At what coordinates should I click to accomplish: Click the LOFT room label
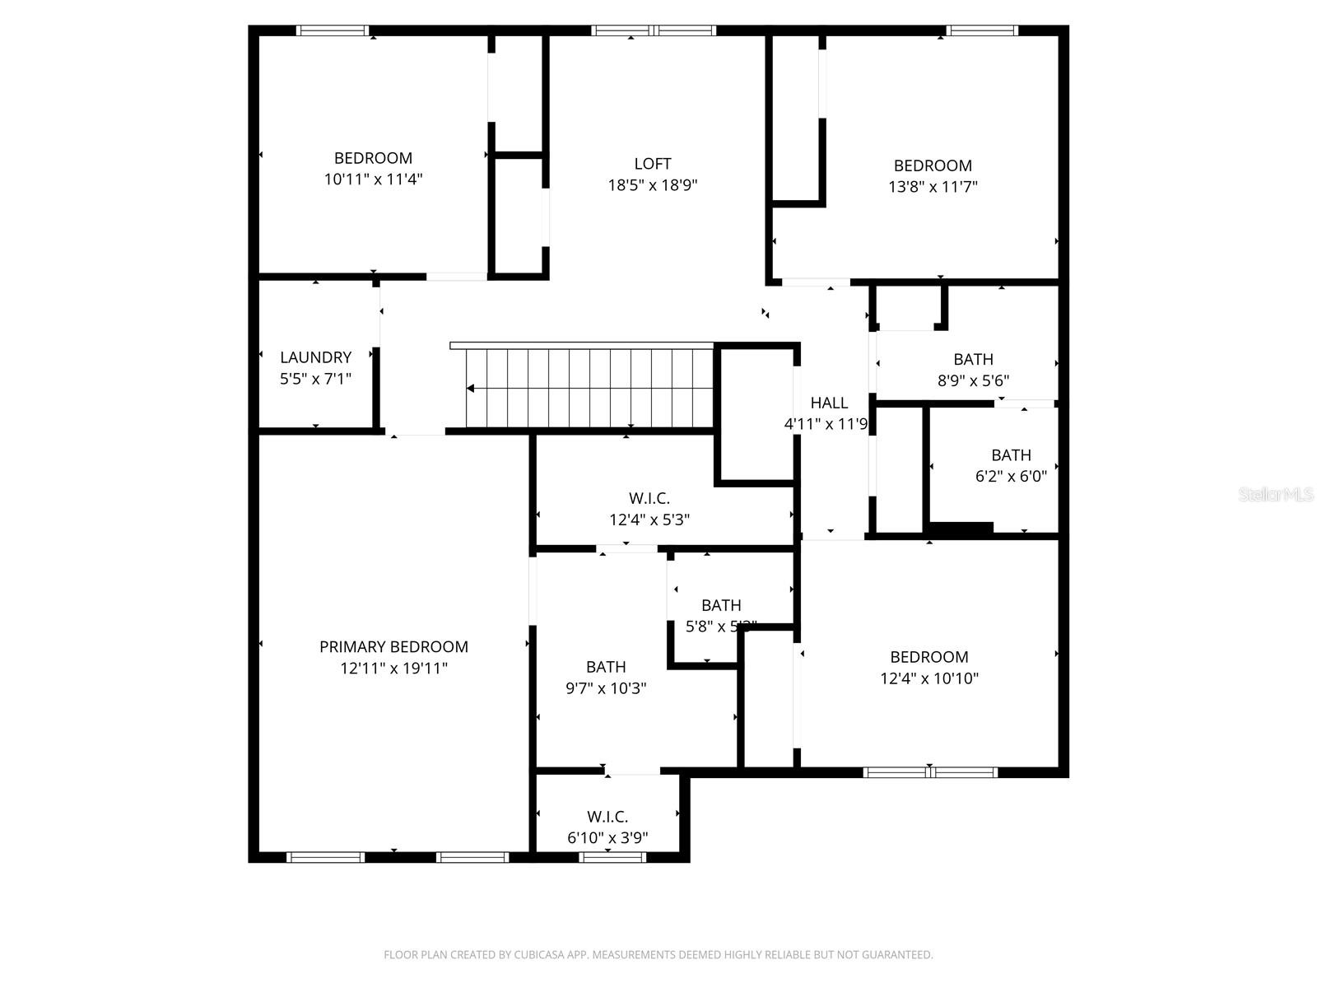pos(652,164)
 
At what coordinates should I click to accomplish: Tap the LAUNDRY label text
pos(315,357)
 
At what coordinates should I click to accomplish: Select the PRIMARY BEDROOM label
pos(393,647)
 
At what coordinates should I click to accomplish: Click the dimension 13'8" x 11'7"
pos(933,187)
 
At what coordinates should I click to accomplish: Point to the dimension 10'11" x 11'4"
pos(373,179)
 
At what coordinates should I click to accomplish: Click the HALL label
pos(829,403)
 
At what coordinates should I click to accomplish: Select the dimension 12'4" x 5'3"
pos(649,520)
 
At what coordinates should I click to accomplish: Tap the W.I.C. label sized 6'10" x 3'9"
pos(607,817)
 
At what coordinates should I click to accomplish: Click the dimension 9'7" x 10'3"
pos(606,688)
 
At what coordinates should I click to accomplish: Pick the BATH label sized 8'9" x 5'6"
pos(973,359)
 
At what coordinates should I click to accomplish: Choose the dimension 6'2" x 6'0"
pos(1011,476)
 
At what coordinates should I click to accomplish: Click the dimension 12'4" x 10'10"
pos(928,678)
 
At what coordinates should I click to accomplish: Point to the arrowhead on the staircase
pos(471,389)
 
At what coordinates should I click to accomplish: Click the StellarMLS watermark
pos(1276,495)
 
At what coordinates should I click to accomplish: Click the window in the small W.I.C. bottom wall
pos(612,857)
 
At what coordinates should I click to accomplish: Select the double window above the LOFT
pos(654,31)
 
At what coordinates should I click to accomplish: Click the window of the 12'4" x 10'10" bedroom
pos(930,772)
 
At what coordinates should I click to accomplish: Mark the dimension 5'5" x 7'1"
pos(315,379)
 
